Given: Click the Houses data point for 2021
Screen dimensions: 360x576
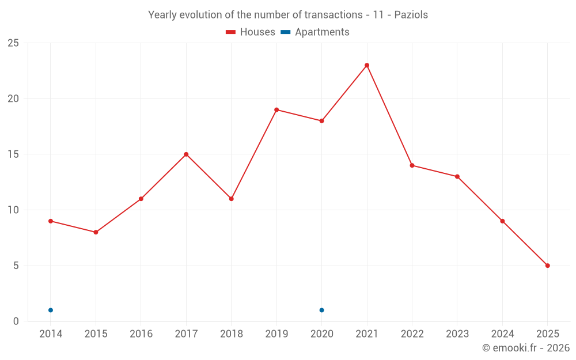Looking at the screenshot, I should click(367, 65).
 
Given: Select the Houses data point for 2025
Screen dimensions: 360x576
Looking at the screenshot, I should click(548, 266).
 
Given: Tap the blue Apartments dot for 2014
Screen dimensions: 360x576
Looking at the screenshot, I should click(51, 310).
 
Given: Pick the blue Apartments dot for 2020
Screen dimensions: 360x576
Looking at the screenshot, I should click(321, 310).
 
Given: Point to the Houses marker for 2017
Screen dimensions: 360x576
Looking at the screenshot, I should click(186, 154).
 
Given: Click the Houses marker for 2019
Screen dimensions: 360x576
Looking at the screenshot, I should click(276, 109).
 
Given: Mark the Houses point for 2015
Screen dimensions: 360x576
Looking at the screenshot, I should click(96, 232).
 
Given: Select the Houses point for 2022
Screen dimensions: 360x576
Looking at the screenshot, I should click(412, 165).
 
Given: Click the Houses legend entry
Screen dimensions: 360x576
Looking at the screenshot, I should click(251, 32).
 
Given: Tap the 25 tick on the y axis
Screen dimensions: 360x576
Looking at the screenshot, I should click(13, 43).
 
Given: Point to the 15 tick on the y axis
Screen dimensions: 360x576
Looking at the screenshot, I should click(13, 154).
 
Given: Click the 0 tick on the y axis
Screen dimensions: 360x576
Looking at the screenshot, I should click(16, 321).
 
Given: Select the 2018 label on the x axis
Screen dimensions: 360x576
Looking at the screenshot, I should click(231, 334).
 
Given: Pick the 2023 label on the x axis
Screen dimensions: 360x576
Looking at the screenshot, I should click(457, 334).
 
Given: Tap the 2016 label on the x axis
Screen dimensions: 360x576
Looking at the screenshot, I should click(141, 334).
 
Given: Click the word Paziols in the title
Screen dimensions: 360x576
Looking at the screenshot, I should click(411, 15).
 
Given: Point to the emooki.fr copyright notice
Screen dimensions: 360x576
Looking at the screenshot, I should click(525, 348).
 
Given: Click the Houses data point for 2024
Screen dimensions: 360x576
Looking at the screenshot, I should click(502, 221).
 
